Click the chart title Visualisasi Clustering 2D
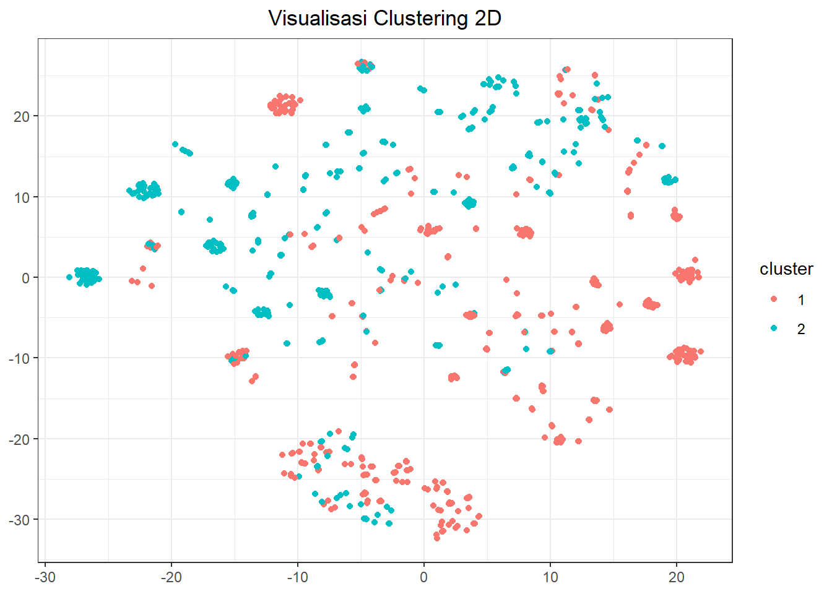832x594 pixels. tap(384, 19)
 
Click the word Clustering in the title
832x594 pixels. tap(421, 19)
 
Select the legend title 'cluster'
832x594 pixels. tap(786, 269)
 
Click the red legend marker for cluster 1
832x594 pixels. tap(774, 299)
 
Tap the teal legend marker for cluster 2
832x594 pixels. tap(774, 329)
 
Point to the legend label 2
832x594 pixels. tap(801, 329)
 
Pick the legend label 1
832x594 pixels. tap(801, 300)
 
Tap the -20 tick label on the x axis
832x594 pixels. tap(171, 577)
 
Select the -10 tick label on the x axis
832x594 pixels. tap(297, 577)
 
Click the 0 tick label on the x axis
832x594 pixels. tap(424, 577)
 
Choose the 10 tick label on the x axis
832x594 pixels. tap(550, 577)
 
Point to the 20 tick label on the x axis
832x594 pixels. tap(677, 577)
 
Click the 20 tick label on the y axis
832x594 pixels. tap(22, 116)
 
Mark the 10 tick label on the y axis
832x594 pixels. tap(22, 197)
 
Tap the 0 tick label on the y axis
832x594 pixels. tap(25, 278)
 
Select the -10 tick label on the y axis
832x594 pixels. tap(19, 358)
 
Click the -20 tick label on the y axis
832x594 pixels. tap(19, 439)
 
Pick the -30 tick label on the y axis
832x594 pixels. tap(19, 520)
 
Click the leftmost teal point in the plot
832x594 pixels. tap(69, 277)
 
